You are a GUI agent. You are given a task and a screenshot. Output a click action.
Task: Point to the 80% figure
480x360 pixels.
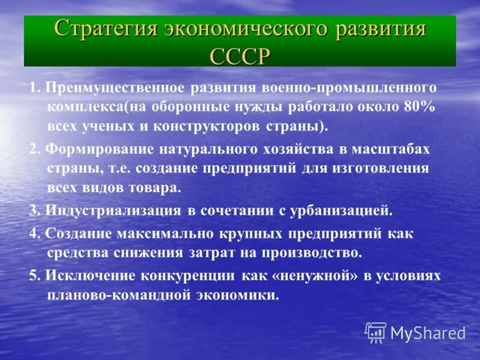(x=419, y=107)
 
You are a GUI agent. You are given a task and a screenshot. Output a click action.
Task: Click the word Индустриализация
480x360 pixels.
(x=111, y=211)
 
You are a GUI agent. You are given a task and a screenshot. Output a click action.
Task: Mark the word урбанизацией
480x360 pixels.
(x=341, y=211)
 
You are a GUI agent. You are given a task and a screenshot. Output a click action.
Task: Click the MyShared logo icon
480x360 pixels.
(x=376, y=332)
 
